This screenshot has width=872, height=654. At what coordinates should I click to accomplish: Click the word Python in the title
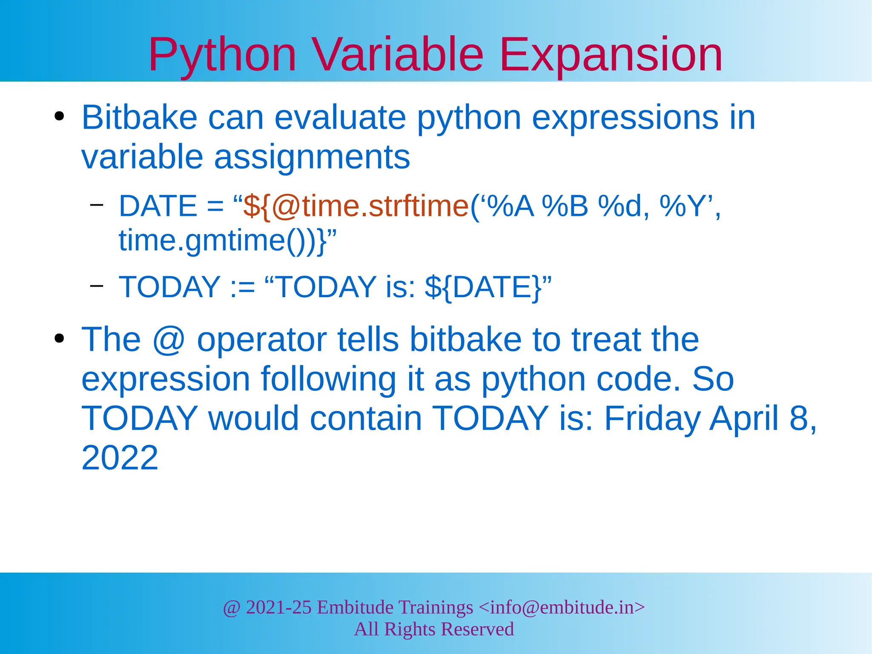222,55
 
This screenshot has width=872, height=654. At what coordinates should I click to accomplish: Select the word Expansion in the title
611,55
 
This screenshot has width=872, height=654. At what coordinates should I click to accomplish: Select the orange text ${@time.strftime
356,207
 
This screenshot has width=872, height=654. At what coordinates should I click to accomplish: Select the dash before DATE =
97,205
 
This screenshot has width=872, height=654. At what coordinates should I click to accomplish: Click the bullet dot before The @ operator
59,339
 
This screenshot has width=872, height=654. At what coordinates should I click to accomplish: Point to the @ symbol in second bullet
169,340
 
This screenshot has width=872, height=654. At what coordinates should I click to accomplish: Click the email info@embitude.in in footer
562,607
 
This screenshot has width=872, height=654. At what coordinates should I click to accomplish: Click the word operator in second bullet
261,340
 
